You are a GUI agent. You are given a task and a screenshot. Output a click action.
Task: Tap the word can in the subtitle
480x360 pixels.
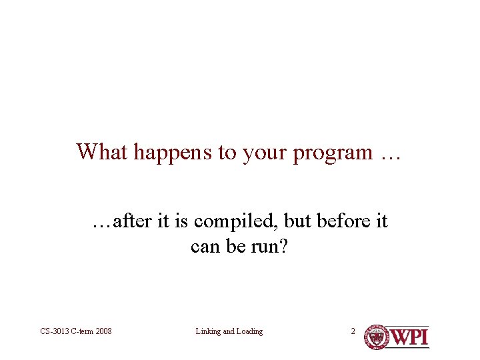click(204, 247)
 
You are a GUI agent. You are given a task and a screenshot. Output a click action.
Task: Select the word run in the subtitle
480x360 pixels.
click(264, 247)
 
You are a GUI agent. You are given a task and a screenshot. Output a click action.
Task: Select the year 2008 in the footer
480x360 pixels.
click(103, 331)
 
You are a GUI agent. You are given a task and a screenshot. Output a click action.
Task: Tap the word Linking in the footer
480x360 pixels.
click(209, 331)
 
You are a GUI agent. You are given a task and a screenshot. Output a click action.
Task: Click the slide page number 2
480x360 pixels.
click(354, 331)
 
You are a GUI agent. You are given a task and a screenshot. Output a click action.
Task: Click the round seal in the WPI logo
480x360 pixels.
click(376, 337)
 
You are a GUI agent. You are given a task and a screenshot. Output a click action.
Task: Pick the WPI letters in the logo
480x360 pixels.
click(409, 337)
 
